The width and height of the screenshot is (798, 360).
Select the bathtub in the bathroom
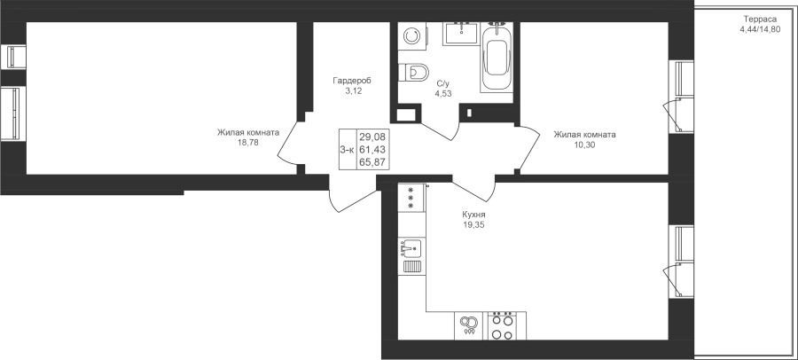tap(497, 58)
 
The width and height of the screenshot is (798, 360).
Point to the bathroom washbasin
tap(461, 34)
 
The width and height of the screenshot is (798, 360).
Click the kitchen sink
tap(411, 249)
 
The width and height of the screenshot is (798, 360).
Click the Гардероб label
tap(352, 81)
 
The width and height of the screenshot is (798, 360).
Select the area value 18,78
tap(248, 143)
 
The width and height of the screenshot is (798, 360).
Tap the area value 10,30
tap(584, 145)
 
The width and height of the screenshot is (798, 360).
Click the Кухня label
tap(473, 215)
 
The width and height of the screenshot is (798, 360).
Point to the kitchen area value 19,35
tap(473, 224)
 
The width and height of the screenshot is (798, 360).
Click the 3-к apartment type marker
tap(348, 149)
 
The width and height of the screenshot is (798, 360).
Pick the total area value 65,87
tap(372, 162)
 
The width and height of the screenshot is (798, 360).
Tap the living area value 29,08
tap(372, 137)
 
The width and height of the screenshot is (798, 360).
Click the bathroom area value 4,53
tap(443, 93)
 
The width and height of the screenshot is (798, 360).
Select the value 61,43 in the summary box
tap(372, 149)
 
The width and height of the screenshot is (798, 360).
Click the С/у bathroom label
tap(443, 84)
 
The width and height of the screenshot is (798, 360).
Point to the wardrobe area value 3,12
tap(353, 91)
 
